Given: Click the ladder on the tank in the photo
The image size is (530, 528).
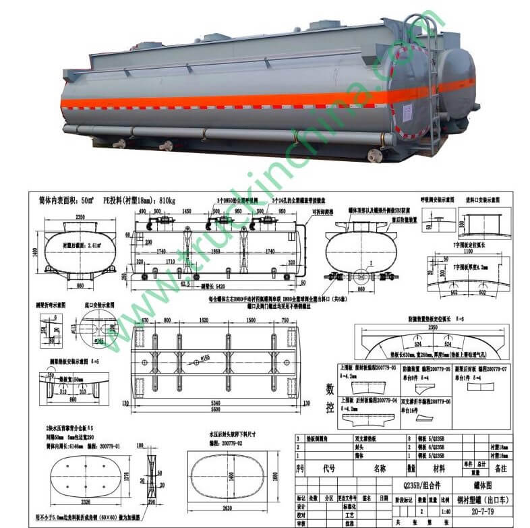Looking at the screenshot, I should click(x=432, y=81).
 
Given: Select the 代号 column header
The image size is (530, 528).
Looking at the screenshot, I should click(x=328, y=468).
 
